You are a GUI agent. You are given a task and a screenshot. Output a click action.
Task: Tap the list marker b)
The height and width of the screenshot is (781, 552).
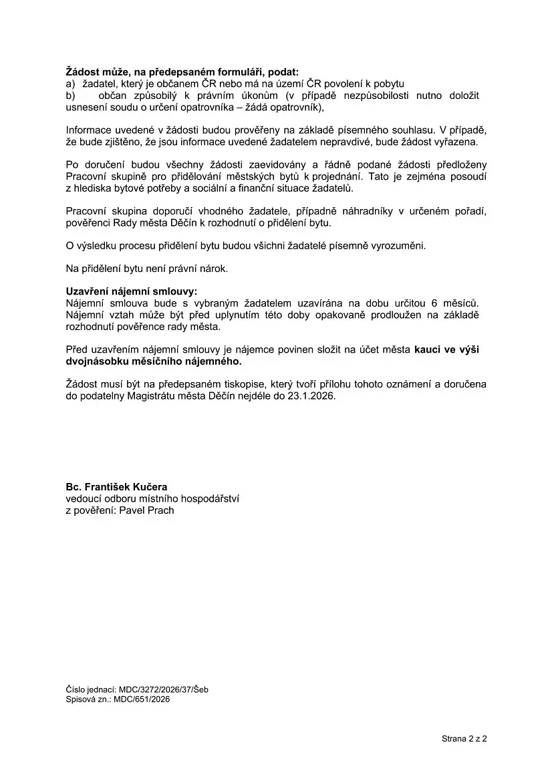70,96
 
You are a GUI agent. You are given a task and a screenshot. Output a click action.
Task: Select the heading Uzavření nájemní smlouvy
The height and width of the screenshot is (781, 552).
132,292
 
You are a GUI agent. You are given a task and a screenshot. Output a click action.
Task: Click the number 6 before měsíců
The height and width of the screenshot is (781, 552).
435,303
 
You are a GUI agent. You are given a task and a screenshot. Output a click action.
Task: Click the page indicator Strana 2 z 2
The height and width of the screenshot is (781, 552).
464,739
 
